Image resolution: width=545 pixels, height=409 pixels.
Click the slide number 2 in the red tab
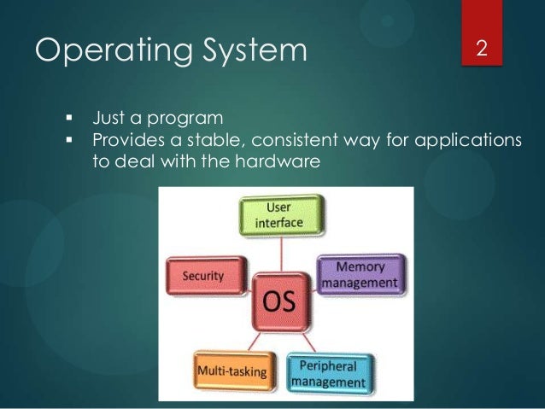tap(482, 48)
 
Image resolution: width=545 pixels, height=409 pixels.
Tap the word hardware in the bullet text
tap(279, 161)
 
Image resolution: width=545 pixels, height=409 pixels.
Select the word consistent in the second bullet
tap(302, 139)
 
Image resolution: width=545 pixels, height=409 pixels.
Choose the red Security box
tap(202, 275)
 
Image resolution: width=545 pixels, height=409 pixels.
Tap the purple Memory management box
tap(360, 273)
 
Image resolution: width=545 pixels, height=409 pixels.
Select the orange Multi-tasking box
tap(231, 371)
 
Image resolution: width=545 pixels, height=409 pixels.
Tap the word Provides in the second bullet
tap(126, 139)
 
